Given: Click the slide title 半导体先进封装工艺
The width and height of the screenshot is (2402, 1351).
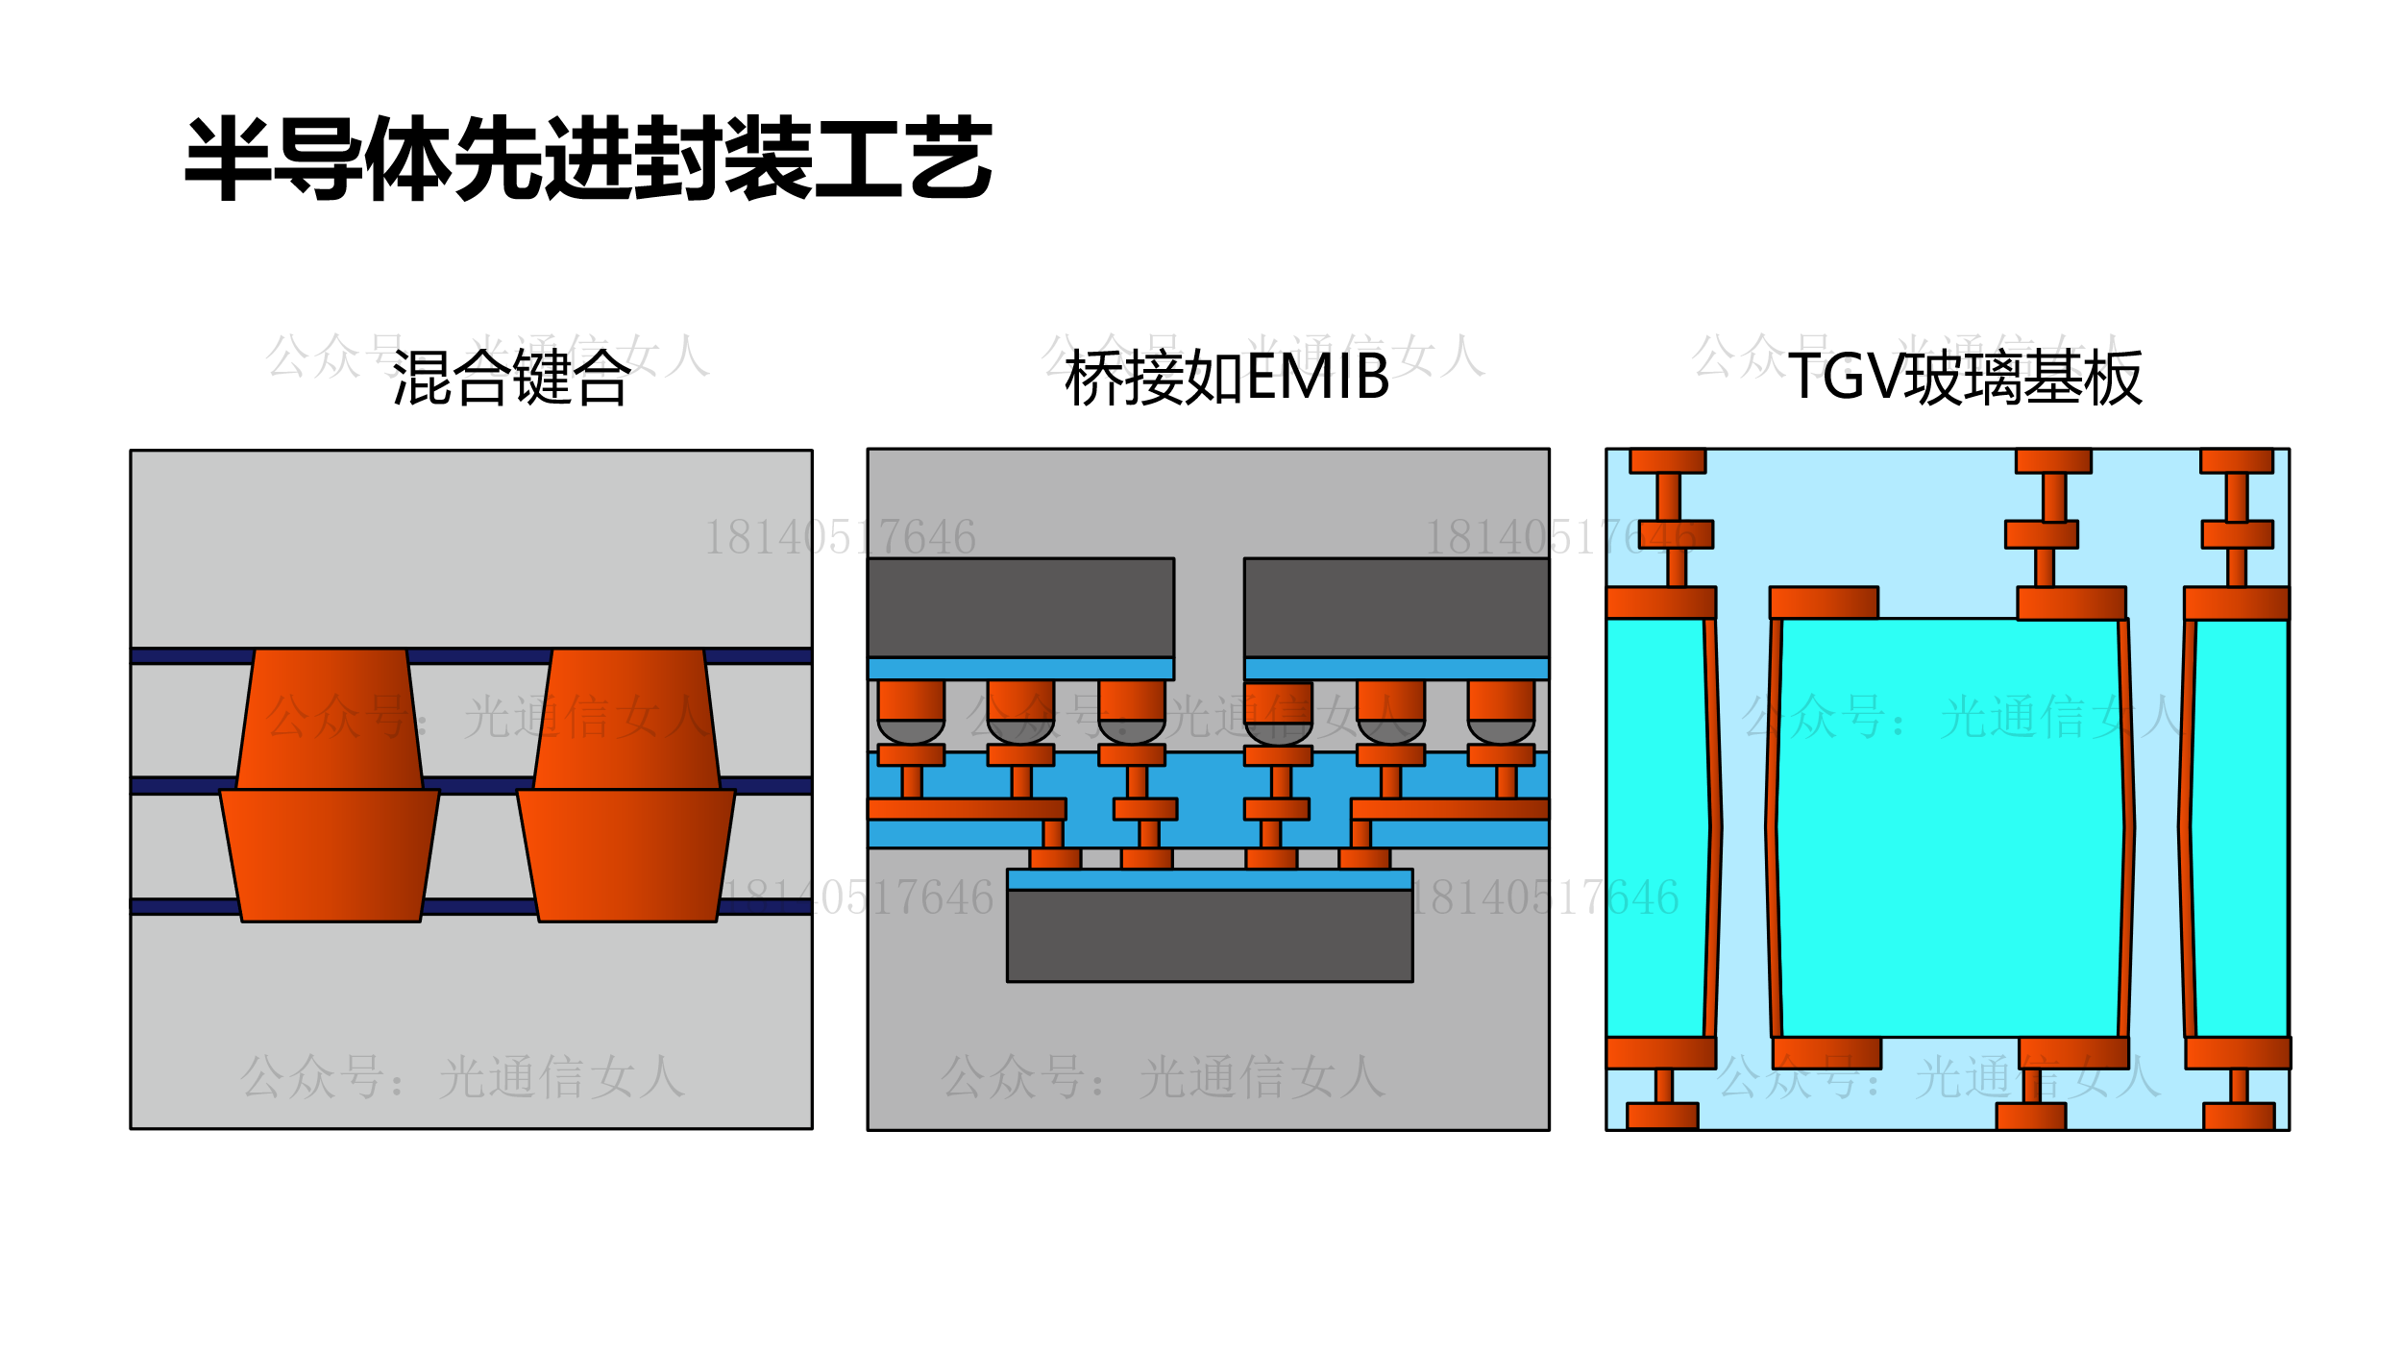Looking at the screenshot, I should click(x=588, y=159).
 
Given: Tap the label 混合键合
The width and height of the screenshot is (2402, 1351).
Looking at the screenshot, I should click(x=511, y=378).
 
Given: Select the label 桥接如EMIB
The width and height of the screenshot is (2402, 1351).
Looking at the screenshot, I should click(x=1227, y=378).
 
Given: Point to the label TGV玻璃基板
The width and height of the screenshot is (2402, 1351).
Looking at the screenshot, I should click(x=1965, y=378).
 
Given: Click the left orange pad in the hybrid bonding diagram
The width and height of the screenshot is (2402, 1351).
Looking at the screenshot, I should click(x=330, y=786).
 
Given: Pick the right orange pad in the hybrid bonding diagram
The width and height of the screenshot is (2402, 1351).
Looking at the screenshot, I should click(x=626, y=786).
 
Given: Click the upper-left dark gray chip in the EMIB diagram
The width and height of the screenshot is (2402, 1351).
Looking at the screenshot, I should click(x=1020, y=607).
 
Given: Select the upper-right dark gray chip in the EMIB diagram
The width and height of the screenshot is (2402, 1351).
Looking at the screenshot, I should click(x=1396, y=607).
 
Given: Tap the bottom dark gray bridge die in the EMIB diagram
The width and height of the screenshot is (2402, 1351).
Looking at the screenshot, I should click(x=1210, y=935).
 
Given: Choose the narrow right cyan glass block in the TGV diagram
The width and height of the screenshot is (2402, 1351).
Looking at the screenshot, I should click(x=2241, y=826).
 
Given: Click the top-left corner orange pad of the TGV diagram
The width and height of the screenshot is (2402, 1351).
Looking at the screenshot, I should click(x=1667, y=461).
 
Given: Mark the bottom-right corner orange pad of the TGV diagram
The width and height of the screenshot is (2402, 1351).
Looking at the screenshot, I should click(x=2239, y=1116).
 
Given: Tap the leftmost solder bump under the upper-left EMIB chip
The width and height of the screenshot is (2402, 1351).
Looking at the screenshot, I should click(x=911, y=730).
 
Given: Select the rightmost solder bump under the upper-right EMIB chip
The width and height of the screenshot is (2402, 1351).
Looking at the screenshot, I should click(x=1501, y=730).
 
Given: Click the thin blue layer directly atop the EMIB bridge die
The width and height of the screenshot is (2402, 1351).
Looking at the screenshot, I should click(x=1210, y=879).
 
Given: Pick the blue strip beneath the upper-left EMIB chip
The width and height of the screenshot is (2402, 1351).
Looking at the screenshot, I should click(x=1020, y=669).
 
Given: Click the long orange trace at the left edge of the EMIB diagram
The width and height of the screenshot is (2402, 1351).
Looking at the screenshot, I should click(x=967, y=809).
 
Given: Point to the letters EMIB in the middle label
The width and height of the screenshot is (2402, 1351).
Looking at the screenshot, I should click(x=1318, y=377).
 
